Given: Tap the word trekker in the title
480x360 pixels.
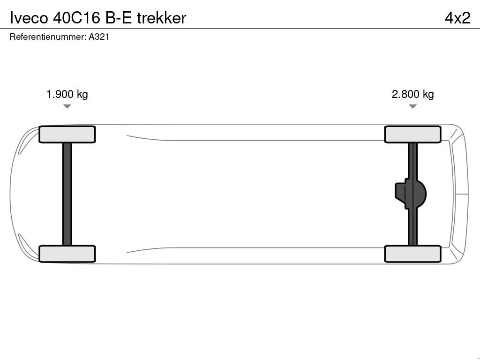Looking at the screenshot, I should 161,18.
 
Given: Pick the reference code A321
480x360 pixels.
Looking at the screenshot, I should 99,37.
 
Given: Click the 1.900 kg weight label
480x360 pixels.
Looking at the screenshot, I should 67,94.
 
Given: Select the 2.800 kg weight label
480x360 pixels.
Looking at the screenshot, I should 412,94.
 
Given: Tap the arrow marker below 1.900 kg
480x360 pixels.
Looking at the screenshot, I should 67,106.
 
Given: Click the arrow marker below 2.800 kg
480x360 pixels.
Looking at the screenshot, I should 412,106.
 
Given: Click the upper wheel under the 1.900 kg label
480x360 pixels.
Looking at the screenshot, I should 67,135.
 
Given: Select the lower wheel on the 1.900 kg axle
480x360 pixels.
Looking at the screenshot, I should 67,254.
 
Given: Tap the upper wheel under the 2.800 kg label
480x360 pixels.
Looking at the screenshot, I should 412,135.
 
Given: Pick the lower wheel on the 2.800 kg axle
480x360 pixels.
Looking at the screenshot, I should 412,254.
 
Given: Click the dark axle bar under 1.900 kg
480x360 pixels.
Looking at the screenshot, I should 67,194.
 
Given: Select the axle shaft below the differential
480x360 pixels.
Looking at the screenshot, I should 412,227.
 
